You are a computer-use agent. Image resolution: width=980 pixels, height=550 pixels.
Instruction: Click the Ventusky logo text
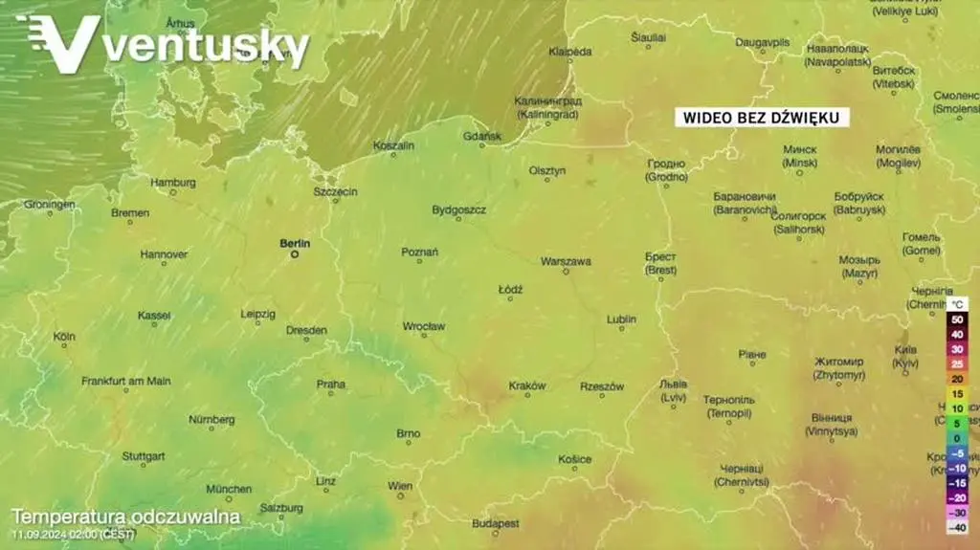[x=206, y=46]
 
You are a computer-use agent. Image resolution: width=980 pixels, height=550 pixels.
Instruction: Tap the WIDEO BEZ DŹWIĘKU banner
[x=762, y=118]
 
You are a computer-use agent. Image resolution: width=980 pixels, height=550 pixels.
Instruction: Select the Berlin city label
[x=295, y=244]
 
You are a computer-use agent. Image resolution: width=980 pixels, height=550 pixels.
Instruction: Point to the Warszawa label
[x=566, y=261]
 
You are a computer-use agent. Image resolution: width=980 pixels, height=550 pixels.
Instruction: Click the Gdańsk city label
[x=482, y=137]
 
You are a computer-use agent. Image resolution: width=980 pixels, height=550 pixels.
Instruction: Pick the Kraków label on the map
[x=527, y=385]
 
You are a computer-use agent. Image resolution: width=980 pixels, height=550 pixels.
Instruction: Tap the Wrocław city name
[x=423, y=326]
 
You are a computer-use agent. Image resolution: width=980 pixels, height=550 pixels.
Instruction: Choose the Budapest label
[x=496, y=523]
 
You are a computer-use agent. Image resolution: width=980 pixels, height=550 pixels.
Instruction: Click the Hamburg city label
[x=173, y=182]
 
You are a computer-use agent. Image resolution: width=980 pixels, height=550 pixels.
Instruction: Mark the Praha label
[x=331, y=384]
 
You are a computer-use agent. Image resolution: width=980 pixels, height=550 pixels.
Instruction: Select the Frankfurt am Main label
[x=126, y=381]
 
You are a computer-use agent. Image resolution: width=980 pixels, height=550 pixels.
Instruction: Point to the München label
[x=229, y=489]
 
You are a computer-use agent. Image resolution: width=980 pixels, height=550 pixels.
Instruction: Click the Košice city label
[x=575, y=459]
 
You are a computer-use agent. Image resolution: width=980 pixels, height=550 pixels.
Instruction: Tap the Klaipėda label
[x=570, y=51]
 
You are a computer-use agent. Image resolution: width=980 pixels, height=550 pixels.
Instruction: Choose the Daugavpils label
[x=763, y=42]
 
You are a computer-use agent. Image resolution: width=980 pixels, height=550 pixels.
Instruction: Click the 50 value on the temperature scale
[x=956, y=319]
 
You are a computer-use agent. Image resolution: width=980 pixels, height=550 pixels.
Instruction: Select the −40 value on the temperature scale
[x=956, y=527]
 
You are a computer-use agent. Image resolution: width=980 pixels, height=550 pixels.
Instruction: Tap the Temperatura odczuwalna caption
[x=125, y=517]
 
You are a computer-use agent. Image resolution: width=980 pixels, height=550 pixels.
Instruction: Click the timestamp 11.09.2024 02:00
[x=73, y=534]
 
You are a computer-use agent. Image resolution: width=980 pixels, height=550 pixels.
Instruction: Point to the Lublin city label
[x=621, y=319]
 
